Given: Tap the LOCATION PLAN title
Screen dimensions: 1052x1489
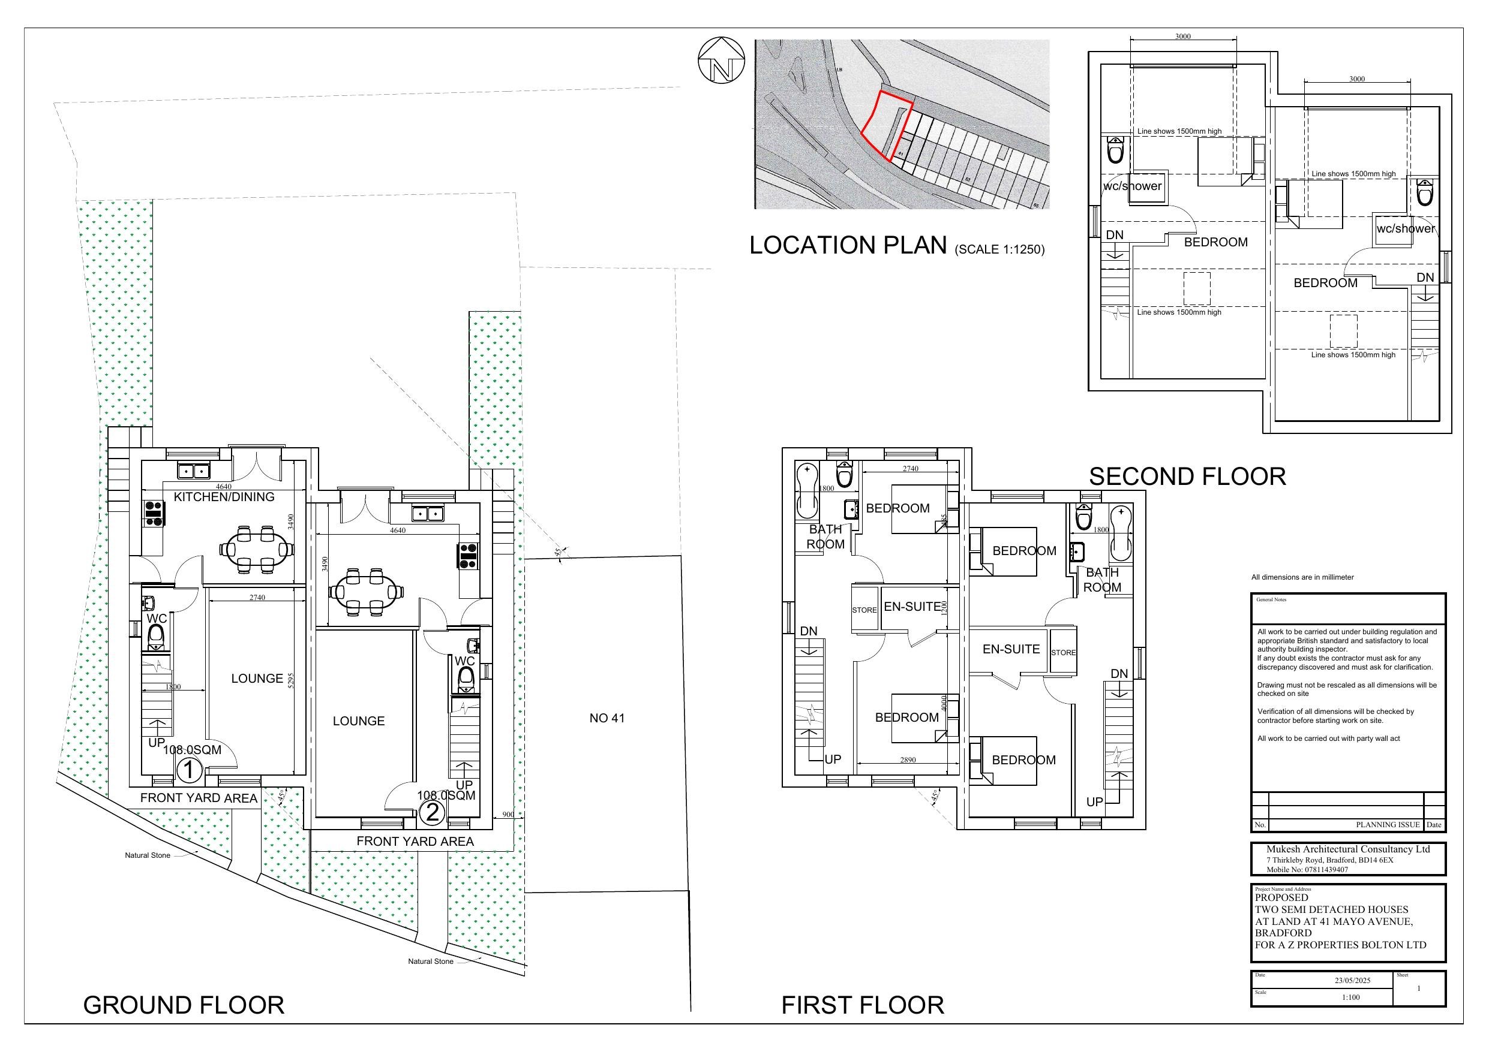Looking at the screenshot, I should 848,245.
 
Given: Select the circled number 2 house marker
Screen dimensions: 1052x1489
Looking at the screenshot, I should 432,812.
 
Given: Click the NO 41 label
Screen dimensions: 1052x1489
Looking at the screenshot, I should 607,718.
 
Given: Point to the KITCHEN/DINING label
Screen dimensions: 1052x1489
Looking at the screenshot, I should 224,497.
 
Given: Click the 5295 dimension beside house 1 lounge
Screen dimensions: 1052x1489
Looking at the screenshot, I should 291,679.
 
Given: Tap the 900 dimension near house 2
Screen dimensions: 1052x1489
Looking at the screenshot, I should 508,815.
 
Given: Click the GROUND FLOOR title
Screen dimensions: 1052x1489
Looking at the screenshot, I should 184,1005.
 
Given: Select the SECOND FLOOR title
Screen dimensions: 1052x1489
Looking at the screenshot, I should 1187,477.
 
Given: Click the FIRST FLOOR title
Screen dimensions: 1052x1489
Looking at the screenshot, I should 863,1005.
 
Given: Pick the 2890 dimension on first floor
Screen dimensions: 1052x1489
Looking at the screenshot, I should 908,759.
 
